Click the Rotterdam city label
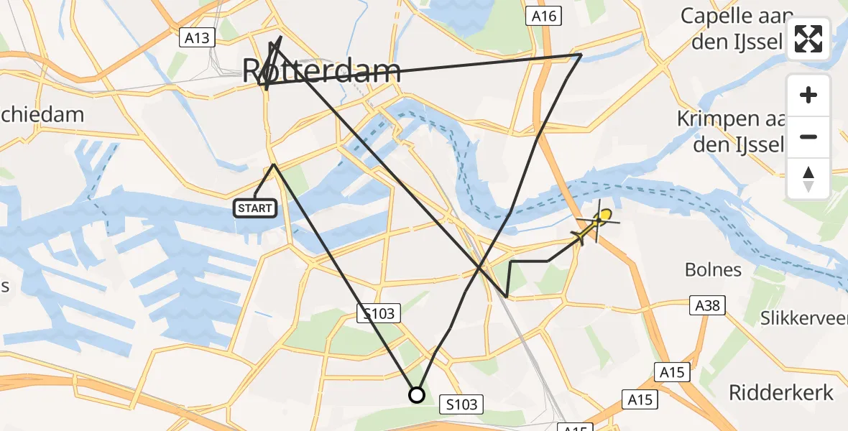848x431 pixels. tap(321, 72)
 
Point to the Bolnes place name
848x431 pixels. tap(713, 270)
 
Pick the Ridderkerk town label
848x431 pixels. tap(781, 392)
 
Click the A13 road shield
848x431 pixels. tap(197, 37)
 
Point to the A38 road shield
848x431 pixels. tap(706, 305)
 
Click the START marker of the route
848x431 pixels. tap(255, 208)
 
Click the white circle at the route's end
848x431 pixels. tap(417, 394)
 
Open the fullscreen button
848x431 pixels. tap(808, 39)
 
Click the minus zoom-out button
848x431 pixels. tap(808, 136)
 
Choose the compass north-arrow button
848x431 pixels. tap(808, 178)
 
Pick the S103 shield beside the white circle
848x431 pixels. tap(461, 404)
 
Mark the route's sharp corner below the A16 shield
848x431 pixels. tap(581, 55)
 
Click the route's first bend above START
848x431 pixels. tap(274, 164)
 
